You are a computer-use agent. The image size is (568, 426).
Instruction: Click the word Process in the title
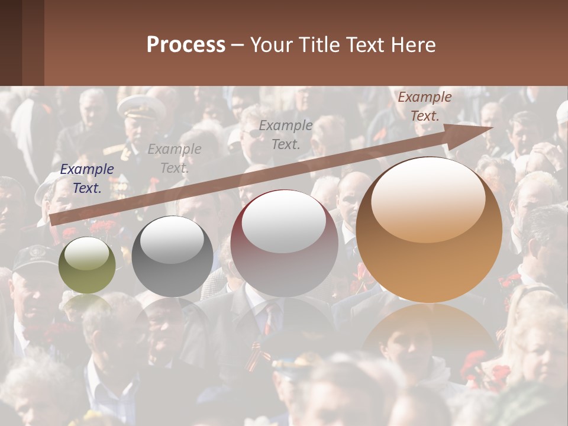point(186,45)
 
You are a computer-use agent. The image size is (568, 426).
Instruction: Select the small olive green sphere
point(87,265)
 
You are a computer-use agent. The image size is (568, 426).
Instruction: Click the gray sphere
point(172,256)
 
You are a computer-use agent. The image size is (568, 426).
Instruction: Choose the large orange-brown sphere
point(429,230)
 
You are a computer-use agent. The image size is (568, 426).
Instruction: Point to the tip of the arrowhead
point(494,128)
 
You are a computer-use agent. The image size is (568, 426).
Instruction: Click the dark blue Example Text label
point(87,179)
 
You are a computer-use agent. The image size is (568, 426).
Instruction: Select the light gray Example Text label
point(174,159)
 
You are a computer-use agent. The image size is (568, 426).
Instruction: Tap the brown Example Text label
point(425,106)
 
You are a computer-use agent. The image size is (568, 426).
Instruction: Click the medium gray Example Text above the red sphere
point(286,134)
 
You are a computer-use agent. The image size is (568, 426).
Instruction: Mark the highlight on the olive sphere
point(87,254)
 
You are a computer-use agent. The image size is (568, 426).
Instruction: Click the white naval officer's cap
point(141,106)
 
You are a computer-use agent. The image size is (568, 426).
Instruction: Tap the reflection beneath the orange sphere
point(430,337)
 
